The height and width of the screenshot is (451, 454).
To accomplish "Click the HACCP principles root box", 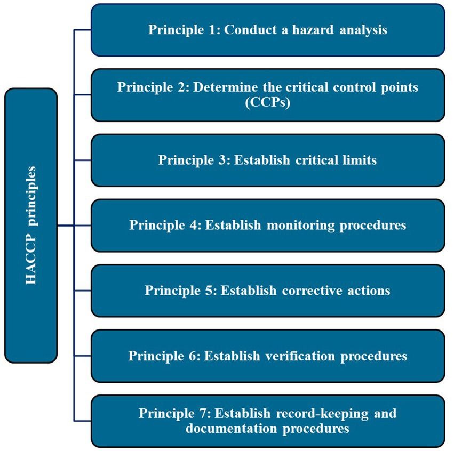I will click(30, 226).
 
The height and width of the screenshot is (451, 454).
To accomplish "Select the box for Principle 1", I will click(267, 30).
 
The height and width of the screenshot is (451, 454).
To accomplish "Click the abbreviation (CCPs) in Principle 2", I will click(267, 102).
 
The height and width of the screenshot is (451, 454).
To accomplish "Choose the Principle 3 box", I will click(267, 160).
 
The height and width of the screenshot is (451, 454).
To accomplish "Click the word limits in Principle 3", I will click(358, 160).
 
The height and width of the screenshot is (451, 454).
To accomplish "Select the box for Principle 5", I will click(267, 291).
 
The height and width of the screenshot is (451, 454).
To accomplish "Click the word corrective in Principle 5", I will click(310, 291).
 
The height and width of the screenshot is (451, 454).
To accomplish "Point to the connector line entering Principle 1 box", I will click(83, 30).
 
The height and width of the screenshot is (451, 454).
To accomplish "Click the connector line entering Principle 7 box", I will click(83, 421).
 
